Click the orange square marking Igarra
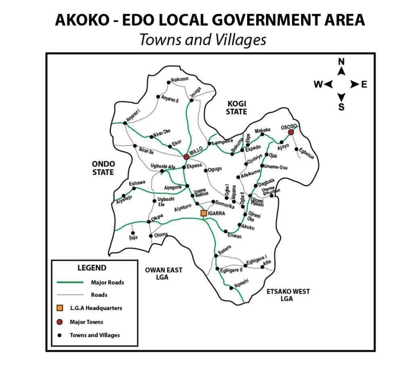coord(204,213)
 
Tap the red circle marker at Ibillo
coord(186,156)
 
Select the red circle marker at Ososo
coord(291,132)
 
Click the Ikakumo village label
coord(179,79)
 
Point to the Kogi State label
coord(236,108)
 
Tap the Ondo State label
coord(104,168)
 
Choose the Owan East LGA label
coord(164,274)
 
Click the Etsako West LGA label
coord(288,295)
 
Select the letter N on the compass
coord(341,61)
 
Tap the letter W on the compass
coord(318,85)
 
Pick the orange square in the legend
coord(60,308)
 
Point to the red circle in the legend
coord(60,322)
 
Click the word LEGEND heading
coord(92,268)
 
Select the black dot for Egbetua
coord(296,149)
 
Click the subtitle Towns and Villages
coord(203,39)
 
